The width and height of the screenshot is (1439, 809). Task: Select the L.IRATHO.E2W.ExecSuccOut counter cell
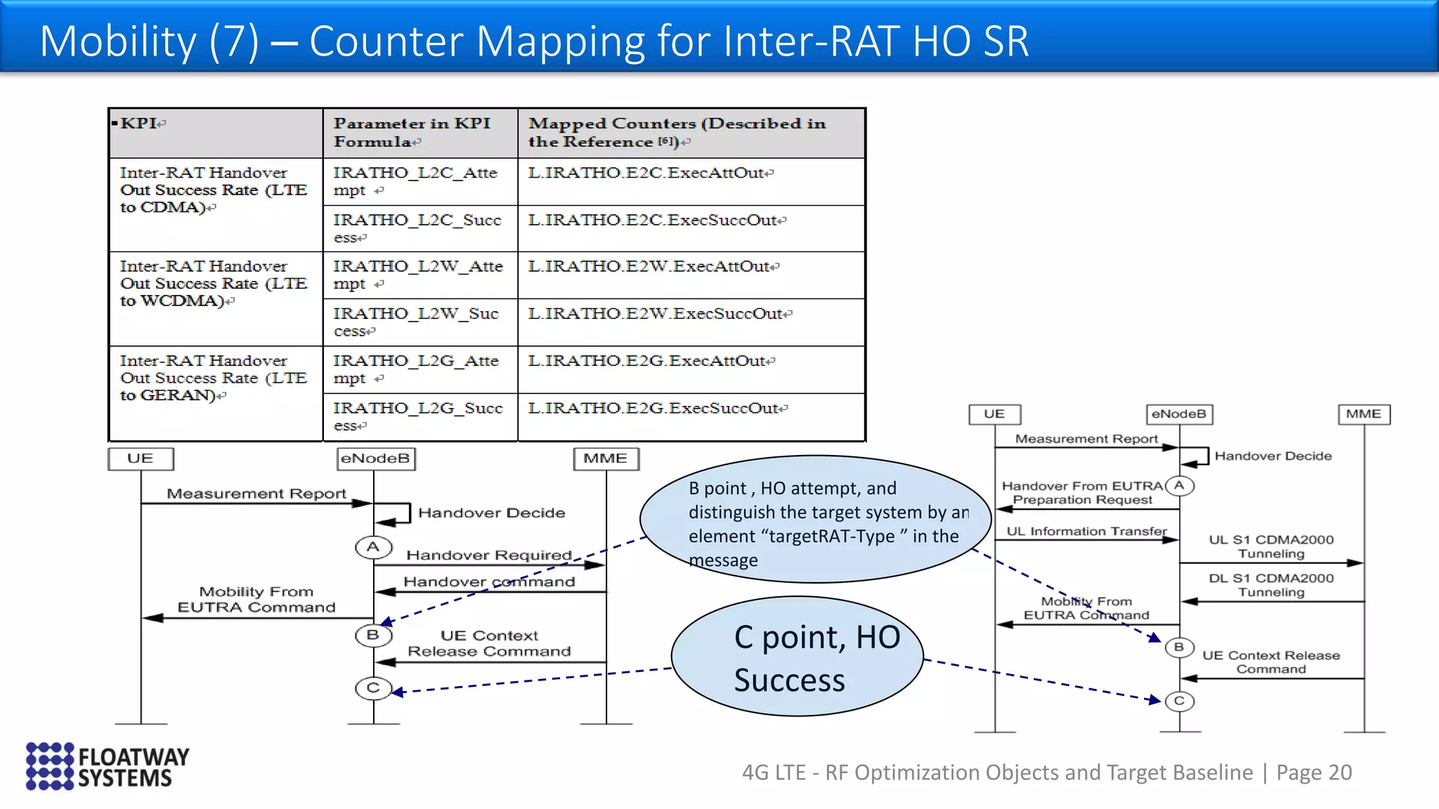tap(659, 314)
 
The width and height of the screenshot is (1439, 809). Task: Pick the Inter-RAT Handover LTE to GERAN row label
tap(213, 378)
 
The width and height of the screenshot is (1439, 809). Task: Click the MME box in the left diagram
tap(606, 459)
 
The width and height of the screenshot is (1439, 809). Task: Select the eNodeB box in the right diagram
tap(1178, 414)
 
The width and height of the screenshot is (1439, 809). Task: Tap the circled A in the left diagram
tap(373, 547)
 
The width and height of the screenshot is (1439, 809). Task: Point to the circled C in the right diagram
tap(1179, 701)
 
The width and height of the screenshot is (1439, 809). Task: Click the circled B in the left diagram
tap(373, 635)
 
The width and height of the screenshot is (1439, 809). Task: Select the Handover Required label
tap(489, 555)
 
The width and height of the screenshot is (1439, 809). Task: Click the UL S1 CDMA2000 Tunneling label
tap(1271, 546)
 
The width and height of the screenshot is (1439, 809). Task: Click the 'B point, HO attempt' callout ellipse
tap(815, 520)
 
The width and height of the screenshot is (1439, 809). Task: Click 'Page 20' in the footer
tap(1314, 772)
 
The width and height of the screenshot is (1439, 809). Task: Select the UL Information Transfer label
tap(1086, 532)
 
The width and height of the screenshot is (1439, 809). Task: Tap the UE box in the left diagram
tap(141, 459)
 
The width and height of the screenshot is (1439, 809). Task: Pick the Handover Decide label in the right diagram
tap(1272, 456)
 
